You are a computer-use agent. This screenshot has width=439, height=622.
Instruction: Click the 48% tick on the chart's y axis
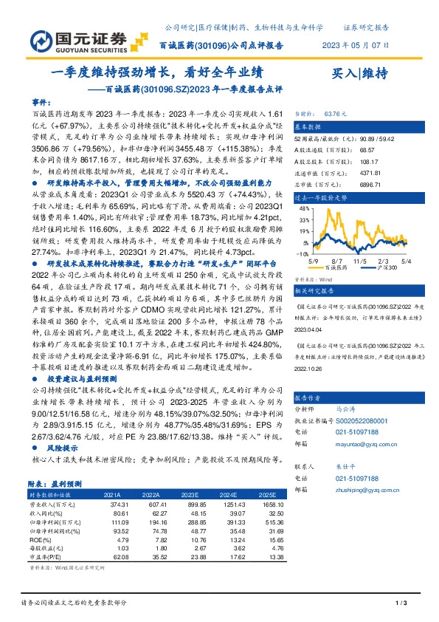(303, 209)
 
